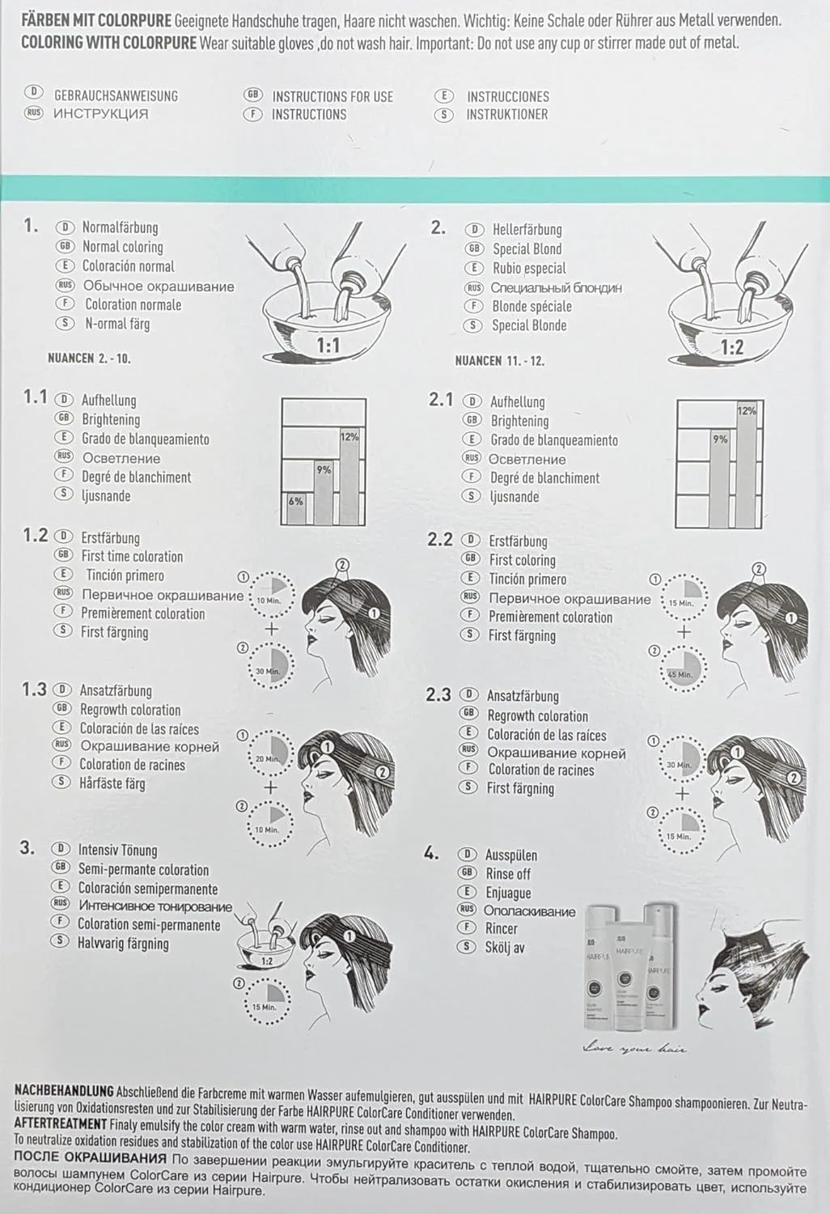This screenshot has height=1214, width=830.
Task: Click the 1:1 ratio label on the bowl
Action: [x=328, y=344]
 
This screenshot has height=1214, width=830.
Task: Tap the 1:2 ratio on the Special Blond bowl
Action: [x=732, y=347]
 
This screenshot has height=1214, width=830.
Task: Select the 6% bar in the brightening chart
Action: [x=296, y=508]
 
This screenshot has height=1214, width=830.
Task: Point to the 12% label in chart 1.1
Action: [x=349, y=437]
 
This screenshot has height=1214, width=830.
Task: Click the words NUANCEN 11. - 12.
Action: [x=499, y=361]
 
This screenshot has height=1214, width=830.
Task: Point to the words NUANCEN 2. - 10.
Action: [x=90, y=359]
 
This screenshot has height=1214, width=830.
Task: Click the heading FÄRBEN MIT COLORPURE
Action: [x=96, y=21]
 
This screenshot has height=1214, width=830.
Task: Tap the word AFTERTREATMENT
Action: [x=61, y=1123]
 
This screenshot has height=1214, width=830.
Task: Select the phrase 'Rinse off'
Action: [x=508, y=874]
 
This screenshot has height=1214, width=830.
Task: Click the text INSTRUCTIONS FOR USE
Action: [x=332, y=96]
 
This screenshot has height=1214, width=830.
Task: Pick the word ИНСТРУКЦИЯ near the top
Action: [x=101, y=114]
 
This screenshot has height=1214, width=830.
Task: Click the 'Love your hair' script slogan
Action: [x=634, y=1048]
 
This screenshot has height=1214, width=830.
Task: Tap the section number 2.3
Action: [x=438, y=694]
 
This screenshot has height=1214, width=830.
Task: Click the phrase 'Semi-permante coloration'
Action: [x=143, y=869]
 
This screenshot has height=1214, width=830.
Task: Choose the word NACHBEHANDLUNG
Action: [x=65, y=1089]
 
